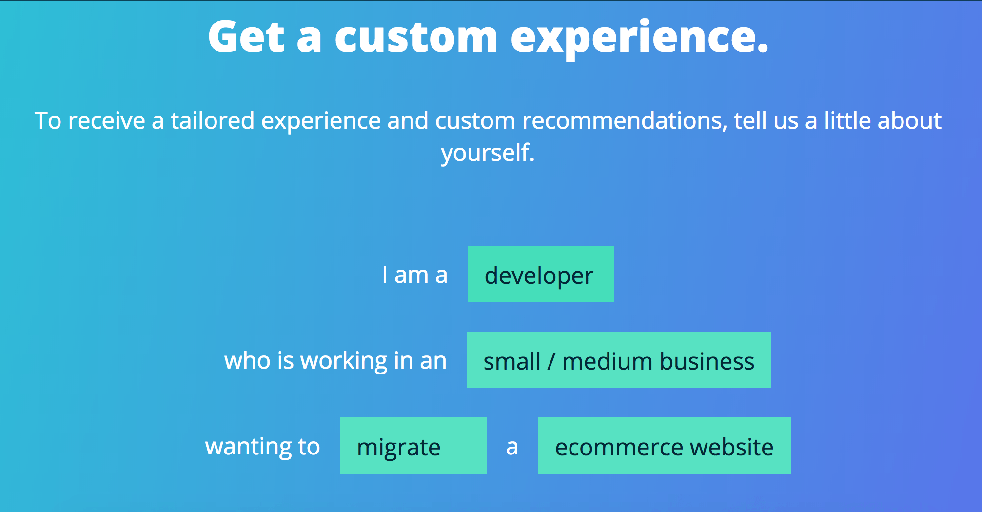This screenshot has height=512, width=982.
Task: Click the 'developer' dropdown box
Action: [541, 274]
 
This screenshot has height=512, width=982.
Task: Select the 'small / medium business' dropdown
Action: [619, 360]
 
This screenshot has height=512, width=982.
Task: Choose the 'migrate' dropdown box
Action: [413, 446]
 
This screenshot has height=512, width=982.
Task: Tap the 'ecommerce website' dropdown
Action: [665, 446]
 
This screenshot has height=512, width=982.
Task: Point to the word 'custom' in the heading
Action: [416, 38]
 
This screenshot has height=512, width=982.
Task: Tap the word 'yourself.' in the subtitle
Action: [488, 153]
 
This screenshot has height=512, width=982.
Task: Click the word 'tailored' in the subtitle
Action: [213, 120]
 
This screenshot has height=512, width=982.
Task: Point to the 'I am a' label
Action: [415, 275]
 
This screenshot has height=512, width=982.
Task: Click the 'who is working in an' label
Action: [335, 361]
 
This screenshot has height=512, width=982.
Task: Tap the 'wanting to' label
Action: [262, 447]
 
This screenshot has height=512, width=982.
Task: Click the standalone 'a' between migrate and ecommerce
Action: [512, 448]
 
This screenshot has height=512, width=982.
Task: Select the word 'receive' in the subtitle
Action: [107, 121]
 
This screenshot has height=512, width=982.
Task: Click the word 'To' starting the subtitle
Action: [48, 120]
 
